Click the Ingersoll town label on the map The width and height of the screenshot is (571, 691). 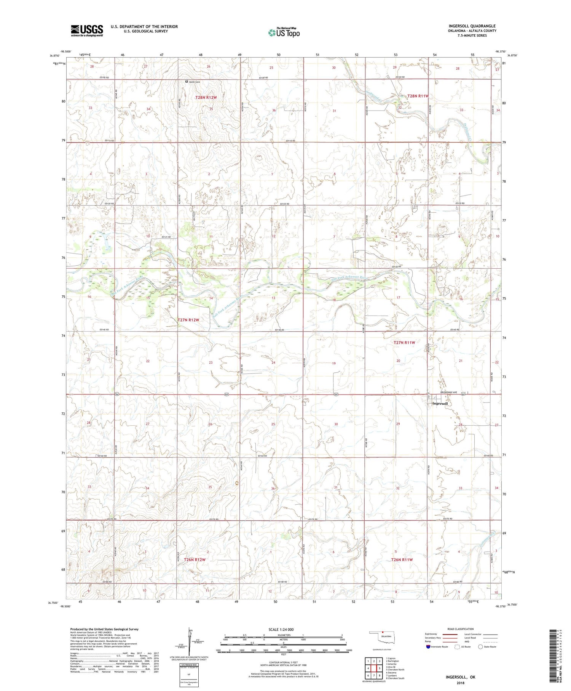[x=440, y=403]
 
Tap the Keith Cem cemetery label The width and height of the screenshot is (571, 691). [x=195, y=82]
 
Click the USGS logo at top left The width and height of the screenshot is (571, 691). [x=87, y=30]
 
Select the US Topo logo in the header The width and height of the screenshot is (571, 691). [x=284, y=33]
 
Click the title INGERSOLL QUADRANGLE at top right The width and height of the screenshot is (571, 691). [x=472, y=26]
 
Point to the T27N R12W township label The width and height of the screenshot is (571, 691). [x=188, y=320]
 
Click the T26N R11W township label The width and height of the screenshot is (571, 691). [x=402, y=560]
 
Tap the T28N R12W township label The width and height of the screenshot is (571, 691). [x=206, y=98]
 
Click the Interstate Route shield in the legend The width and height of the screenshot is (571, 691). [x=428, y=646]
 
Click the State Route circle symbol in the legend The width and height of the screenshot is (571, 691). [x=480, y=646]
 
